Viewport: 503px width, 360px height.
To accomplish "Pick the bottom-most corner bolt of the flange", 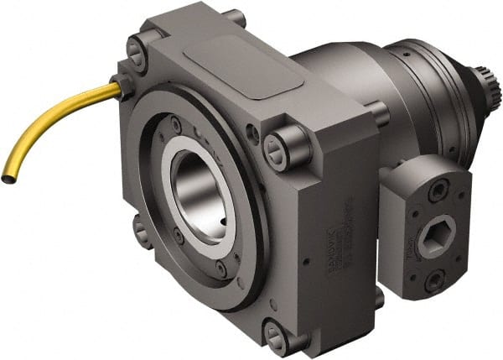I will [276, 334].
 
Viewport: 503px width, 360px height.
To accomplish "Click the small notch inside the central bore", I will [220, 220].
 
